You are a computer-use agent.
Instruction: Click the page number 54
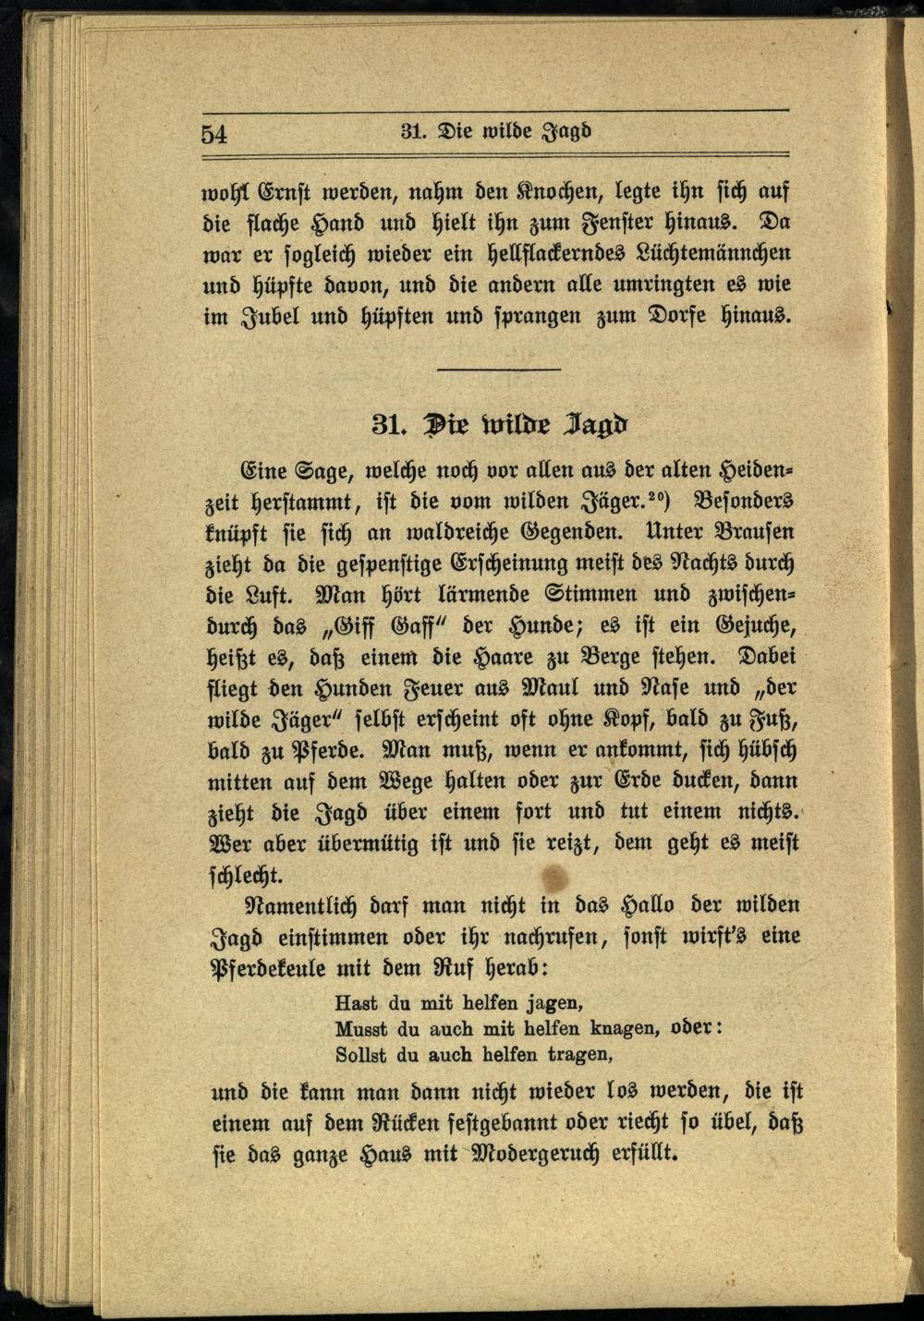tap(213, 134)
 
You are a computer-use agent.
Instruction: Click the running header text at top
tap(496, 131)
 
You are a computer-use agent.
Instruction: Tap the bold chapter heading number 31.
tap(387, 424)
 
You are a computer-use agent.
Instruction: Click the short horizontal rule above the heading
tap(499, 370)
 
